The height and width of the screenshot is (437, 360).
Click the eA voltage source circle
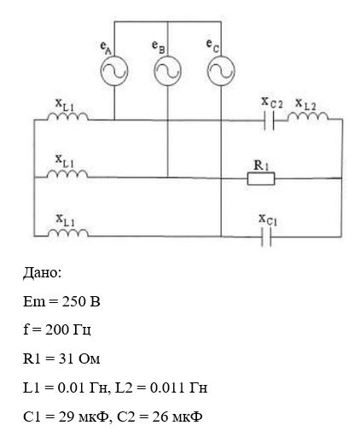click(101, 71)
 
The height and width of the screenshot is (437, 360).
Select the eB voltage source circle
click(154, 71)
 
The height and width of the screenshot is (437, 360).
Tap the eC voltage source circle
click(207, 71)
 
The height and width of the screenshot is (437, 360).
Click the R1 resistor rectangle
click(261, 178)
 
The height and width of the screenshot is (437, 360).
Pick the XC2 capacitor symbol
click(269, 120)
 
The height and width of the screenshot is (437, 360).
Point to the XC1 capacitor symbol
click(266, 236)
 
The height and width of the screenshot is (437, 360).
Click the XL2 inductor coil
click(308, 116)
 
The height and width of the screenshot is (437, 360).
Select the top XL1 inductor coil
click(67, 116)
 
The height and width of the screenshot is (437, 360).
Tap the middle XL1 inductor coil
click(67, 173)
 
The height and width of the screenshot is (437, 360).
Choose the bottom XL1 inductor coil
click(67, 232)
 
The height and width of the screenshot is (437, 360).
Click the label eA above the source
click(106, 48)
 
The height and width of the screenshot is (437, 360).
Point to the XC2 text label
click(272, 102)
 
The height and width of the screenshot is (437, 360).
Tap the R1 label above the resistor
click(261, 166)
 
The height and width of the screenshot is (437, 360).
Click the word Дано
click(42, 273)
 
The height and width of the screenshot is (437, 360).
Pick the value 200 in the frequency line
click(57, 330)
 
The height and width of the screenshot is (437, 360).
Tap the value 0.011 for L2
click(167, 388)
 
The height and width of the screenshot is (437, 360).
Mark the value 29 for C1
click(67, 417)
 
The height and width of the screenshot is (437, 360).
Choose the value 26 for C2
click(160, 417)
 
